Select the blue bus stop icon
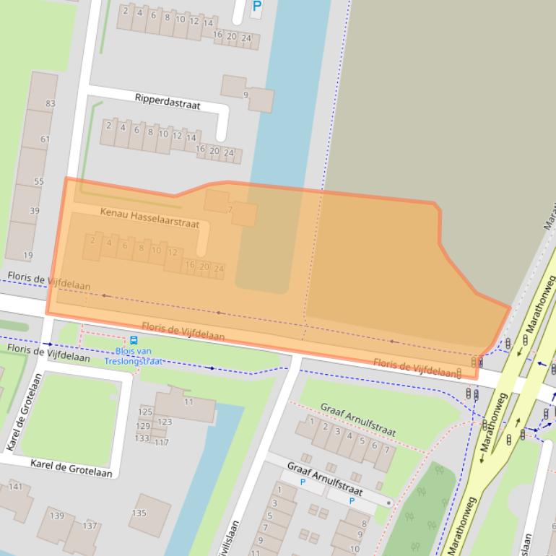point(134,340)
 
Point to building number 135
point(139,513)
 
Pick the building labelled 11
point(188,401)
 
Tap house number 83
point(51,104)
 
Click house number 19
point(28,255)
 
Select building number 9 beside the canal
point(246,95)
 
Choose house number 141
point(15,487)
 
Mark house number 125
point(145,412)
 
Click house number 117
point(162,443)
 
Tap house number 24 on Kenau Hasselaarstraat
point(219,269)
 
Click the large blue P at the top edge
point(256,7)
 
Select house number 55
point(38,182)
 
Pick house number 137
point(90,526)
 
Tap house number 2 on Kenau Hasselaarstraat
point(92,240)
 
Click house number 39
point(34,211)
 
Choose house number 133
point(142,438)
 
